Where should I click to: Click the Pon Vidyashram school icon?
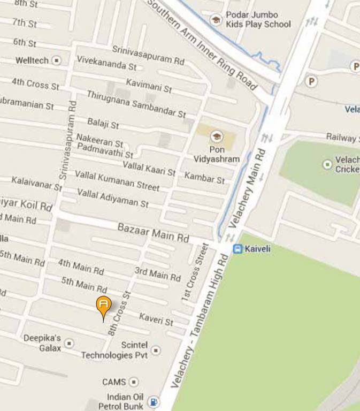[217, 136]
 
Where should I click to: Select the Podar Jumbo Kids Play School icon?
[216, 20]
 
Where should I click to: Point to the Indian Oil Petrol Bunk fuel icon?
[154, 401]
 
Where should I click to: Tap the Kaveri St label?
[156, 319]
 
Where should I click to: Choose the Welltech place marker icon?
[57, 60]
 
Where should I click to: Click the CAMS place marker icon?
[134, 382]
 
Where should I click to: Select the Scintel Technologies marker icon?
[156, 351]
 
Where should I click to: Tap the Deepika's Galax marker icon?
[69, 343]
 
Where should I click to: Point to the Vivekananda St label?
[106, 62]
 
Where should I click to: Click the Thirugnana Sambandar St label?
[136, 104]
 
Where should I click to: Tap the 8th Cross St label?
[119, 313]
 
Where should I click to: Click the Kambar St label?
[204, 178]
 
